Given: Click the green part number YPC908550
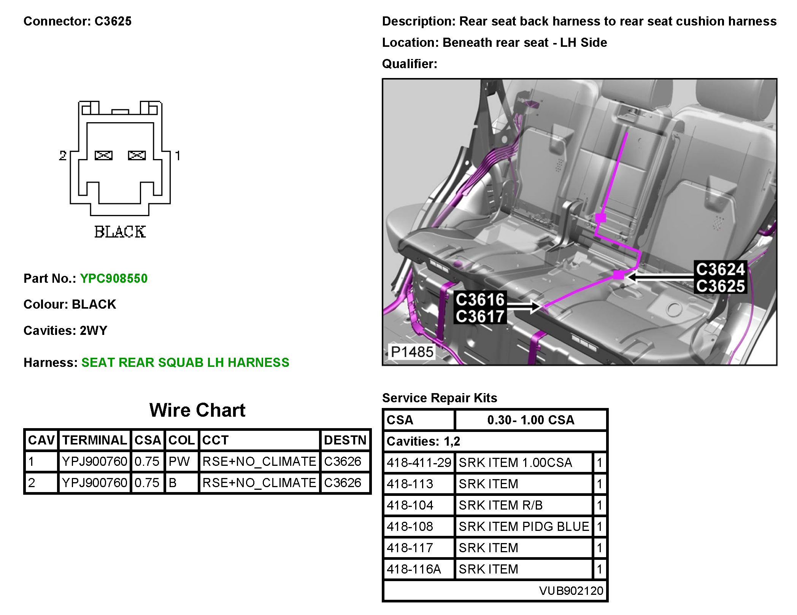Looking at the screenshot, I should [114, 279].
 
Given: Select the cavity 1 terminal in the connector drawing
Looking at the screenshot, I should [137, 155].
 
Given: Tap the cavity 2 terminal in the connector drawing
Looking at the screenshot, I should [103, 155].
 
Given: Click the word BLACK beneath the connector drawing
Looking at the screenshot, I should [120, 232].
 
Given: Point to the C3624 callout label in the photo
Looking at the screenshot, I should [720, 269].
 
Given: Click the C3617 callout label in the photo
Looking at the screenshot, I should [480, 317].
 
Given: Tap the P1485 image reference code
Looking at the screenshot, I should [412, 352].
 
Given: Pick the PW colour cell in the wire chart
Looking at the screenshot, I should [179, 462].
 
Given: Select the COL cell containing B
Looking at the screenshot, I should [173, 483].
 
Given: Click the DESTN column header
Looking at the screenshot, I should [345, 440].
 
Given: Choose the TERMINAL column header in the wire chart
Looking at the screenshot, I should [94, 440].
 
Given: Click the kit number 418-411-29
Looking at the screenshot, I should [419, 463].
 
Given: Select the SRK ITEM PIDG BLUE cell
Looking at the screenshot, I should [524, 527].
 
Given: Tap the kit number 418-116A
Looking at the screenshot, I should [414, 569].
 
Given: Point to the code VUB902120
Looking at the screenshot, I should [571, 591].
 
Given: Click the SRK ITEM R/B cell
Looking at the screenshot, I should [500, 505].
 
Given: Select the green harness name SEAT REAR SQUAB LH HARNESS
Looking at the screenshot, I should [185, 363].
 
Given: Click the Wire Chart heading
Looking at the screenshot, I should [197, 410].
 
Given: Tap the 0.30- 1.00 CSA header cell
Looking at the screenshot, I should [531, 420].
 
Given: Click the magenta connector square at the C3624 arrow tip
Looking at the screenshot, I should [619, 275].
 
